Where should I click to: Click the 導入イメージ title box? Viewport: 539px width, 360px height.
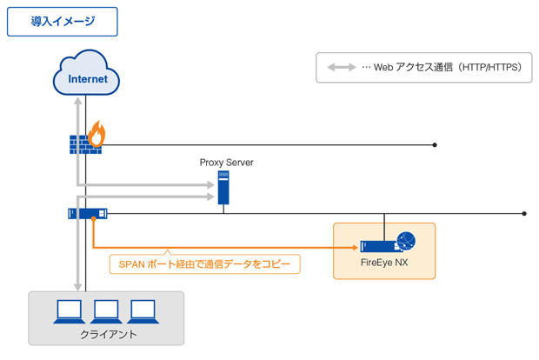(63, 22)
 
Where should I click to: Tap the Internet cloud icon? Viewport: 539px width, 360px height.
(87, 76)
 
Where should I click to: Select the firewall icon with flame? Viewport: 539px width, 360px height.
(86, 141)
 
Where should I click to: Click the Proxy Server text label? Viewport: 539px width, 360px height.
(226, 163)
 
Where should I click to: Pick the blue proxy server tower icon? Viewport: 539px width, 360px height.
(223, 188)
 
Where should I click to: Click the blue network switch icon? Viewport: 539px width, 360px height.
(87, 213)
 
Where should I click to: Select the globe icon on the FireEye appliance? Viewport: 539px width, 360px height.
(406, 241)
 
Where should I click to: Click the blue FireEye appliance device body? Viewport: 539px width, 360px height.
(379, 246)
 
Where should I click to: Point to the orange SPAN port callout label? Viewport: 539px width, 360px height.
(204, 263)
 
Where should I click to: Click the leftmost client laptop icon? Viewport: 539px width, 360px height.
(69, 310)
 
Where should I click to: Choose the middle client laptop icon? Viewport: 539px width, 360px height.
(106, 310)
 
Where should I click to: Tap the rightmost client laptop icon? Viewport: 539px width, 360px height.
(143, 310)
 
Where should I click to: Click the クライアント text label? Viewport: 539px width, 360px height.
(107, 334)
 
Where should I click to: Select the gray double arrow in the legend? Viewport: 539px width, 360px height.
(341, 67)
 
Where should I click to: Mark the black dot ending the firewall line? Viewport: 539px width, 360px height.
(435, 145)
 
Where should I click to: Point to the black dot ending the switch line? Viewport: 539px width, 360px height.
(525, 213)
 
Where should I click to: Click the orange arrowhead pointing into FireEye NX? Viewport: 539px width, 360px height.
(356, 247)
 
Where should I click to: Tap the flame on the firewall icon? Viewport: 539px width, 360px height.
(96, 133)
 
